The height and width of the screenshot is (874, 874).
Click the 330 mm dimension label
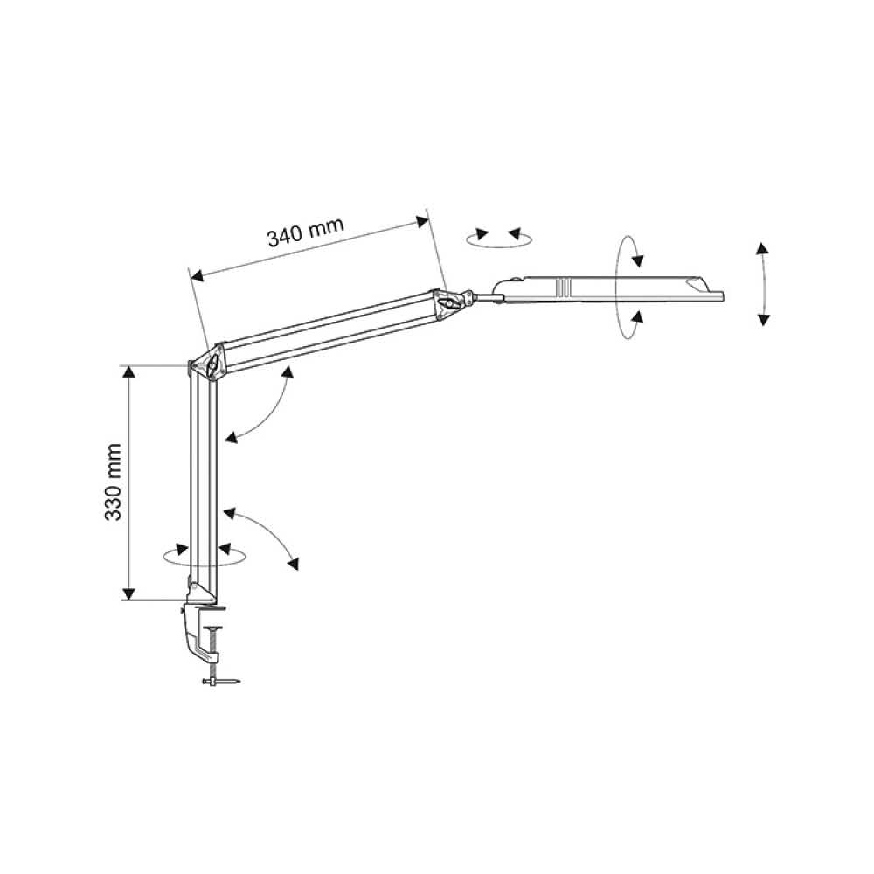tap(113, 482)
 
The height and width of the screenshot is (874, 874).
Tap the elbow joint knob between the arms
tap(212, 365)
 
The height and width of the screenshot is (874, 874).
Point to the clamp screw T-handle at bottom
tap(221, 682)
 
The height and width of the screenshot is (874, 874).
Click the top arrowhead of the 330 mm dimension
tap(128, 372)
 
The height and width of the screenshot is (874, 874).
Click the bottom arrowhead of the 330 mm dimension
tap(128, 593)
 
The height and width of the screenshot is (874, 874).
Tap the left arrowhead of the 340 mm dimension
tap(197, 274)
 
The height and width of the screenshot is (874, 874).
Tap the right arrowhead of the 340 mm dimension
tap(422, 221)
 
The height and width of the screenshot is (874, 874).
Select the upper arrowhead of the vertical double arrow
tap(762, 248)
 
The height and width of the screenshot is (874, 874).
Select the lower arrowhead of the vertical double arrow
tap(764, 319)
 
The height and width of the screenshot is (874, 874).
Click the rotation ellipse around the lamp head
tap(628, 287)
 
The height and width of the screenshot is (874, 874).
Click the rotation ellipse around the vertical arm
tap(204, 555)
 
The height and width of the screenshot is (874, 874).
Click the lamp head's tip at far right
tap(723, 296)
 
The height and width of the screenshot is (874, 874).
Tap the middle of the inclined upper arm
tap(329, 330)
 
